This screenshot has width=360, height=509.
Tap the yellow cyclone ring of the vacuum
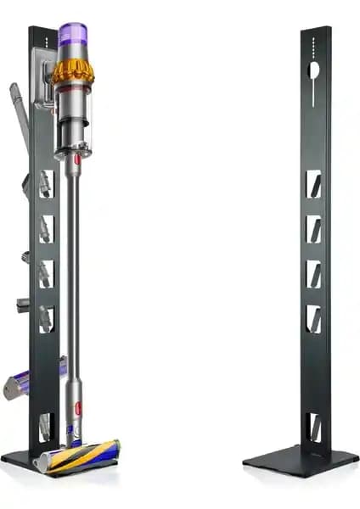pyautogui.click(x=73, y=73)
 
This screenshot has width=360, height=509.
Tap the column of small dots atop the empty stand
pyautogui.click(x=312, y=44)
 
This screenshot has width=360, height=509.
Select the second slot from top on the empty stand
pyautogui.click(x=312, y=228)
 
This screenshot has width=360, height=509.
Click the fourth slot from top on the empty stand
pyautogui.click(x=312, y=317)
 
